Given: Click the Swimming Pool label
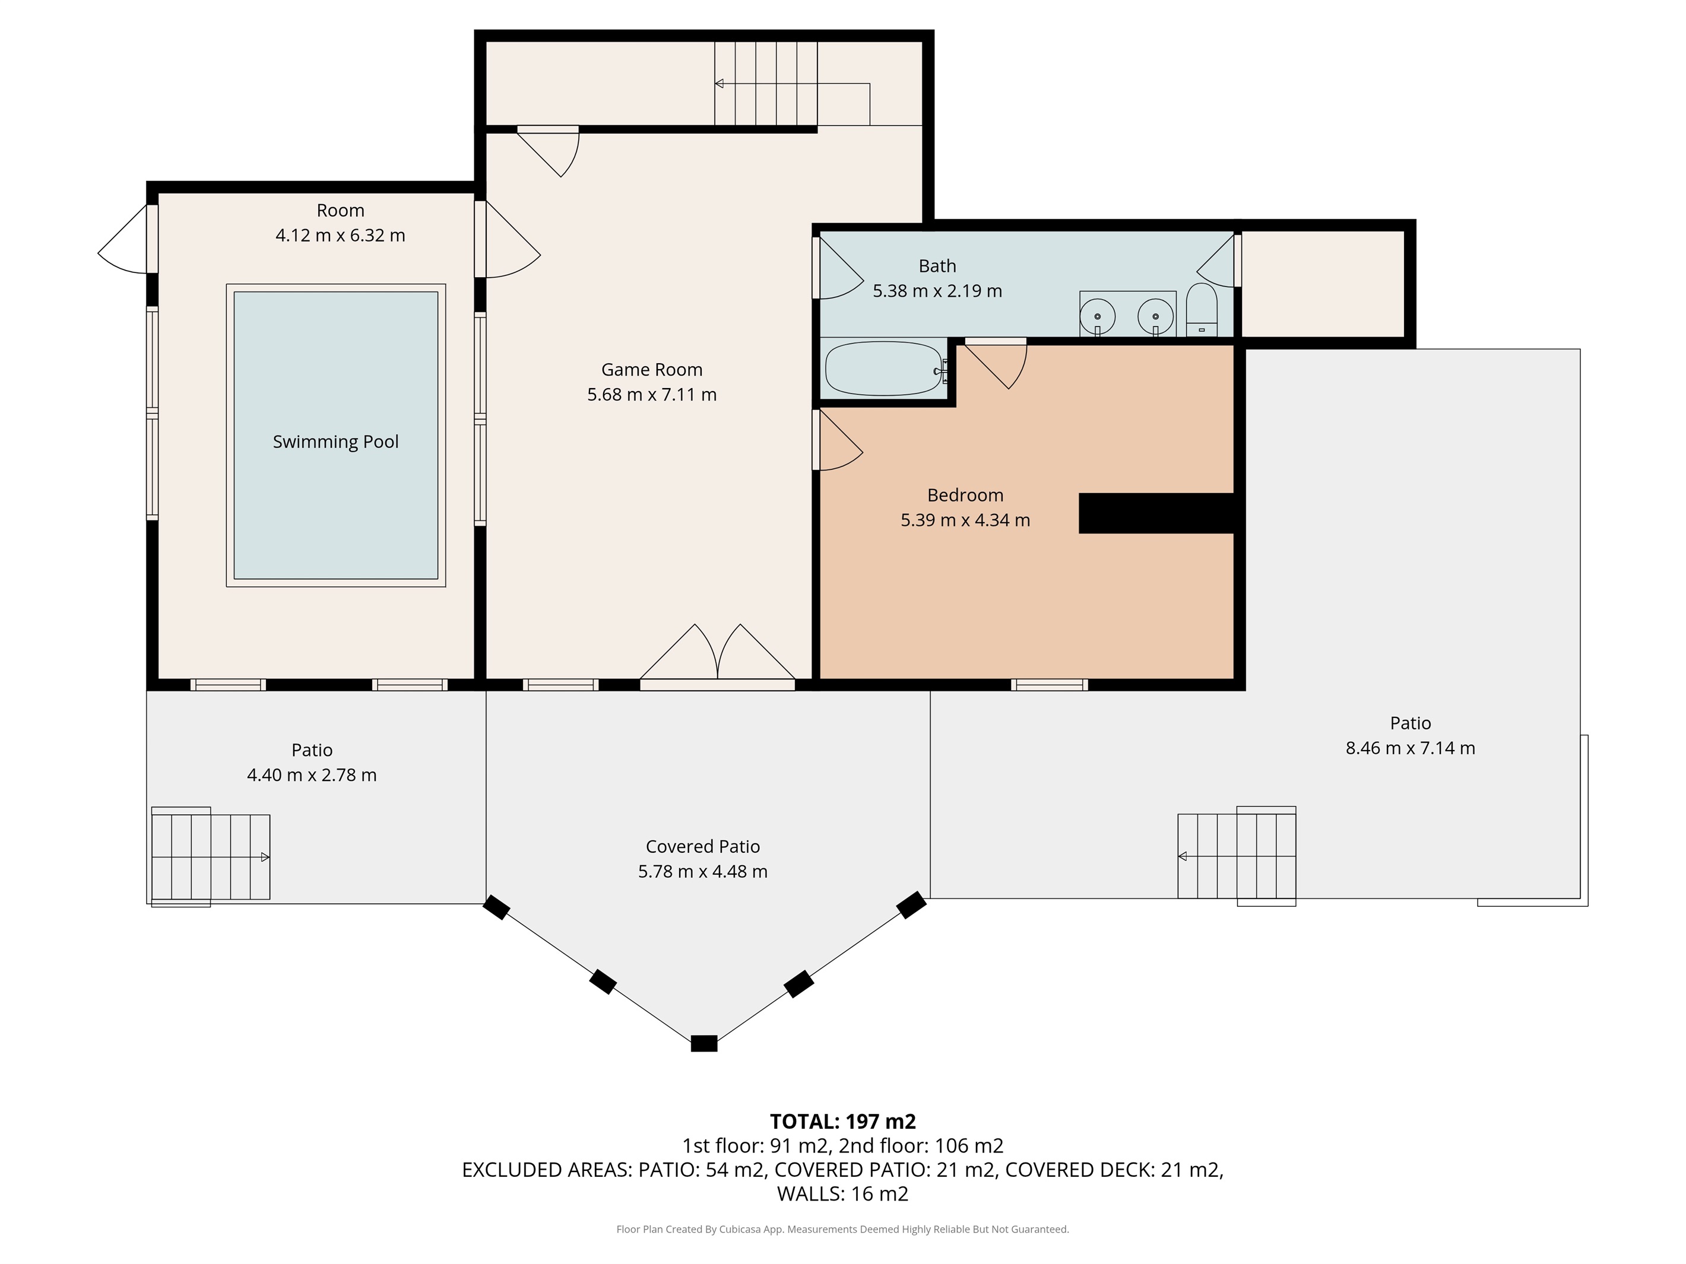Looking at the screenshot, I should coord(335,442).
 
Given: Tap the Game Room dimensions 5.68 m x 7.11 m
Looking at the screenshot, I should coord(652,395).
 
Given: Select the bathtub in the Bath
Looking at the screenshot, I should coord(883,369).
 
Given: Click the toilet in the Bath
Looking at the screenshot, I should coord(1202,311).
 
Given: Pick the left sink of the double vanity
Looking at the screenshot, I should coord(1098,316).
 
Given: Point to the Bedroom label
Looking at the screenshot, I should coord(965,496).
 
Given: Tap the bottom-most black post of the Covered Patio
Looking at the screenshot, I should coord(703,1043).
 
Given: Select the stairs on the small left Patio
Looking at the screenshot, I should coord(210,856).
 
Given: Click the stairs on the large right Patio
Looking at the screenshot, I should coord(1236,856).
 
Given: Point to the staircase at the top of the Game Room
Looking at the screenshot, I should coord(765,84).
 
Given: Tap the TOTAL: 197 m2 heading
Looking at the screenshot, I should coord(842,1122).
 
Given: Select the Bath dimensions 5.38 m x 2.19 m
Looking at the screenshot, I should coord(937,291).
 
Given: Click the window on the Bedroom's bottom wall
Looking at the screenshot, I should coord(1049,684).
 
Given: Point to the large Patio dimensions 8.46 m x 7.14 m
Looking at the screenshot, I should coord(1410,748).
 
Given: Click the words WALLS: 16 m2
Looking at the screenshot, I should coord(842,1194).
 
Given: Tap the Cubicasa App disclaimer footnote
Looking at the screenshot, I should coord(842,1229).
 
